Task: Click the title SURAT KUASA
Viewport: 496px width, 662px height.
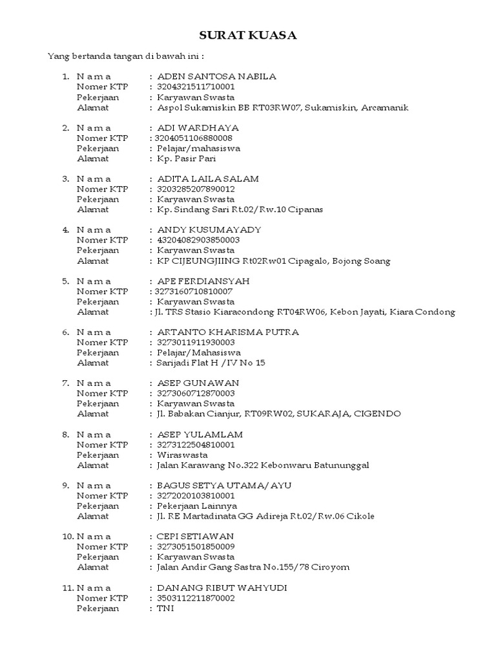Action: (x=248, y=36)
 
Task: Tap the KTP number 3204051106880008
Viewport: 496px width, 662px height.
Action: (x=192, y=138)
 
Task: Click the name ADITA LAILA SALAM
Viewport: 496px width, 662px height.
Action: (x=203, y=178)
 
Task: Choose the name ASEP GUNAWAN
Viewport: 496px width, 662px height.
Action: (x=194, y=383)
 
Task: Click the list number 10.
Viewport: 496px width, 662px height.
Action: (x=67, y=536)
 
